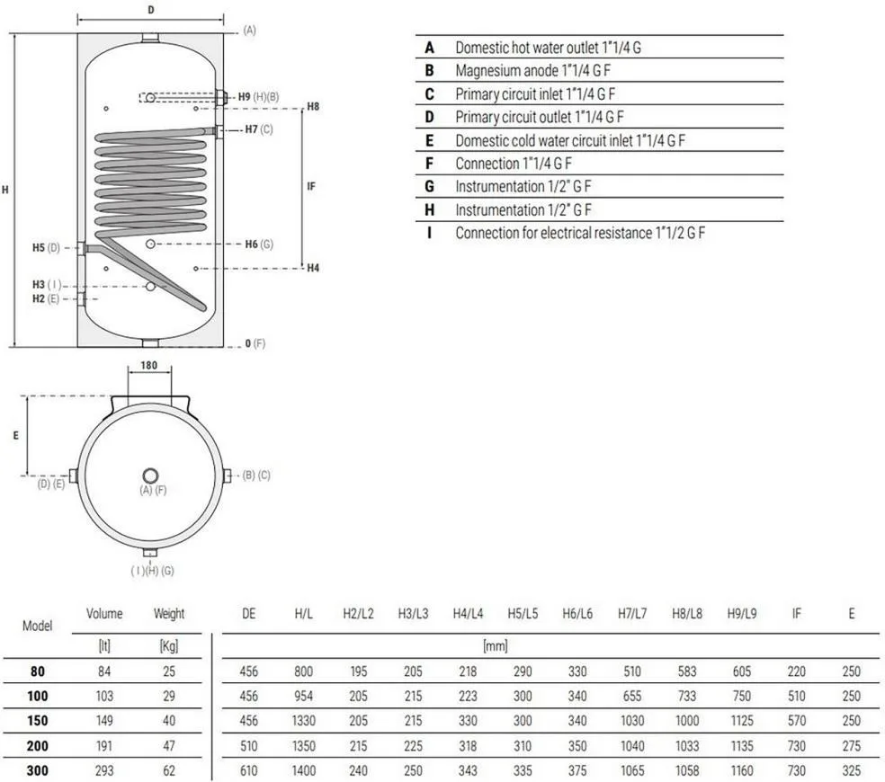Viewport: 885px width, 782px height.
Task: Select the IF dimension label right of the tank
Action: pos(311,186)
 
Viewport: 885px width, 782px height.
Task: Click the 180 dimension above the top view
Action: pos(149,365)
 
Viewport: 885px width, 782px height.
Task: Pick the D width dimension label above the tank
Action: pos(151,10)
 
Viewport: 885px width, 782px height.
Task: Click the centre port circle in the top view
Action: pos(150,475)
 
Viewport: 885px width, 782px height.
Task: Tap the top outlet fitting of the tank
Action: pos(150,38)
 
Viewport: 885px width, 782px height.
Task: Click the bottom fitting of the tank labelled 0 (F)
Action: pos(150,343)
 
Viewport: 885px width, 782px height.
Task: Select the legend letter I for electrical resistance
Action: pos(430,233)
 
